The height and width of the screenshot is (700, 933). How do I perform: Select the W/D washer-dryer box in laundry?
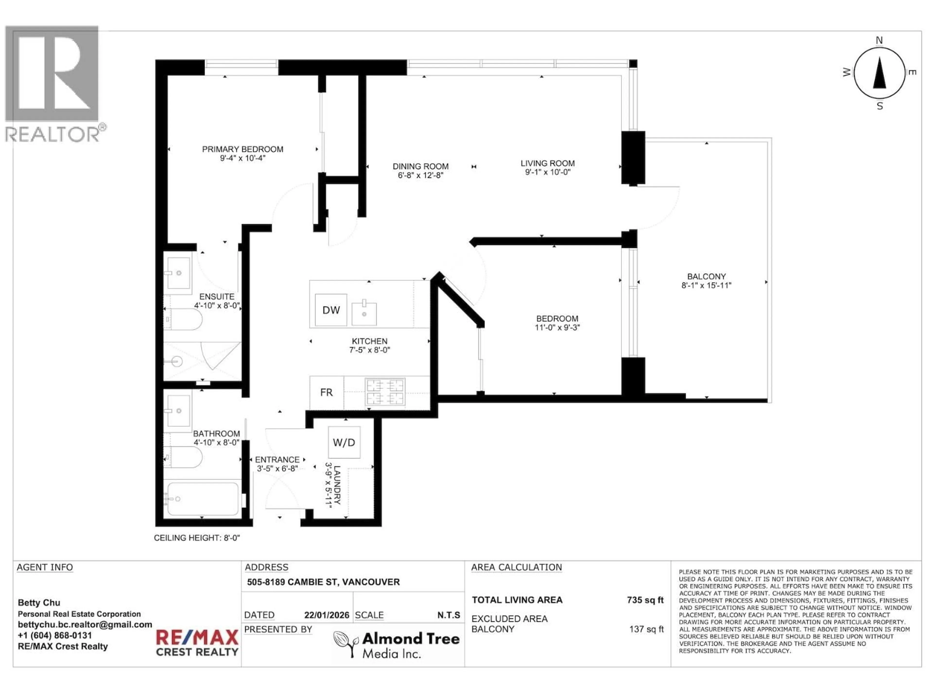[x=344, y=442]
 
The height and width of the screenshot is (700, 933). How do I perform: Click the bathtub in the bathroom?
[x=202, y=499]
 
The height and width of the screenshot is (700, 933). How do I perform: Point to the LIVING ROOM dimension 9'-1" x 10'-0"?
[x=547, y=172]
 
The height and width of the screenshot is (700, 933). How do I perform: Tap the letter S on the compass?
[x=880, y=106]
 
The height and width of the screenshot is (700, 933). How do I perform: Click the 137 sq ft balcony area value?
[x=646, y=629]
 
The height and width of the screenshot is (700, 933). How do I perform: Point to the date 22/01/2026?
[x=327, y=615]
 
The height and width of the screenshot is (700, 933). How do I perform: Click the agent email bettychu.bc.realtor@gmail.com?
[x=85, y=624]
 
